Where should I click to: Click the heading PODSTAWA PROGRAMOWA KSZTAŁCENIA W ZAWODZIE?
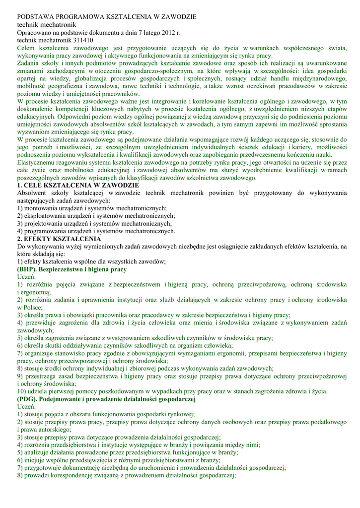[107, 17]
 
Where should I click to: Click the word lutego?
[143, 32]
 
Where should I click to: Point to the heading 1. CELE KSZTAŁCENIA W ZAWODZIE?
[78, 185]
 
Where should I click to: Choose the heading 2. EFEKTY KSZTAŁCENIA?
[59, 239]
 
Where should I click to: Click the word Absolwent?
[31, 193]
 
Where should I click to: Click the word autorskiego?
[52, 430]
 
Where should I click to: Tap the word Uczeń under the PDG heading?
[26, 407]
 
